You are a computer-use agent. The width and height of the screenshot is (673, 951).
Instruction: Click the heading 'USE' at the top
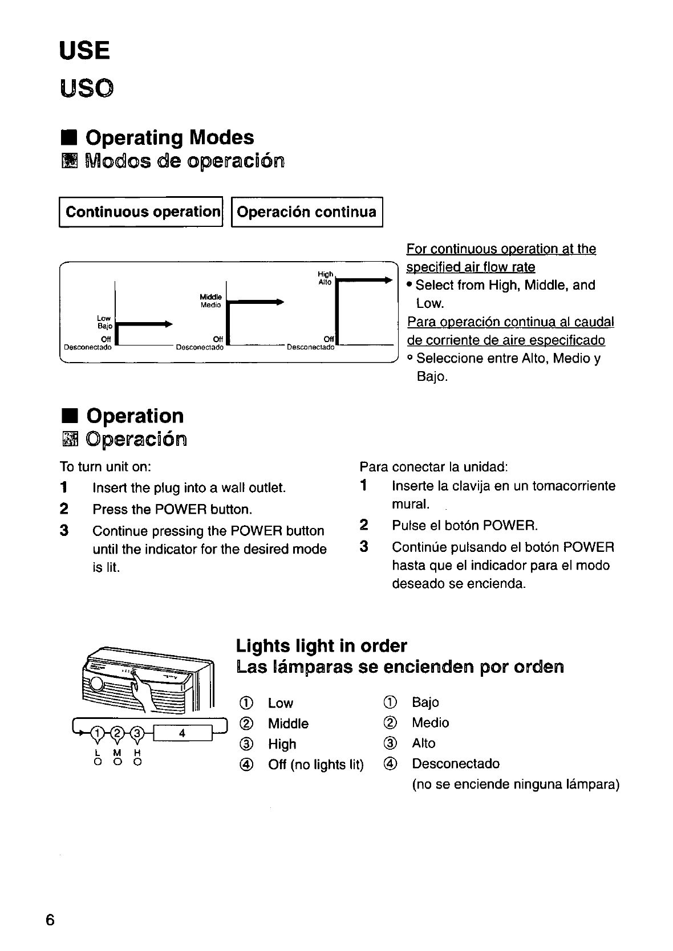coord(84,51)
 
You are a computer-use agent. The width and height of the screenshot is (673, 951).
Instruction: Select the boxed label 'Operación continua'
coord(307,212)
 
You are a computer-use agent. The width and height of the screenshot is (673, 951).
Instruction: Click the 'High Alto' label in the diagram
coord(325,278)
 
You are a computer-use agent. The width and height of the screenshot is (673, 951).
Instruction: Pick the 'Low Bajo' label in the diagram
coord(104,322)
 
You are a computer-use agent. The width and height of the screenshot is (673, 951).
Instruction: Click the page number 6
coord(50,920)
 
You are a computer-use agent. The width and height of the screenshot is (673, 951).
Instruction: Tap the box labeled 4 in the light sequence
coord(182,733)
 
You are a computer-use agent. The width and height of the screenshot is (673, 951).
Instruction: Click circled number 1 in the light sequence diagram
coord(99,733)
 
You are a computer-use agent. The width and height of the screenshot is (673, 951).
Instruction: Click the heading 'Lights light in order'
coord(322,646)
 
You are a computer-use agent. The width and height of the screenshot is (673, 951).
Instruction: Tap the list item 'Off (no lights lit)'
coord(315,765)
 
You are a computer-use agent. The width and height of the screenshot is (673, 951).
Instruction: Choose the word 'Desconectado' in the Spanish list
coord(456,763)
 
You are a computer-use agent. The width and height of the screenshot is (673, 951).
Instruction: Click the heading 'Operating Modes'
coord(169,137)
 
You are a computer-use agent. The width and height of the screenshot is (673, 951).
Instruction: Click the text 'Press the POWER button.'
coord(172,509)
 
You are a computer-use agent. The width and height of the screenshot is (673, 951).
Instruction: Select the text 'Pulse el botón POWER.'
coord(465,525)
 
